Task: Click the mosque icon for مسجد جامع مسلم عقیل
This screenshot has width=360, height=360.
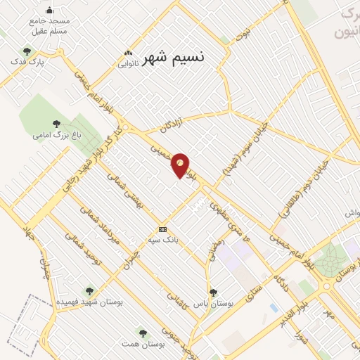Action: click(49, 10)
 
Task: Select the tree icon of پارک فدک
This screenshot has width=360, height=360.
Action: click(27, 51)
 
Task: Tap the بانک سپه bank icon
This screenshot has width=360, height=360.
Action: click(163, 229)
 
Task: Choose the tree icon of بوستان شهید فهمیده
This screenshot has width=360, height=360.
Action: click(89, 290)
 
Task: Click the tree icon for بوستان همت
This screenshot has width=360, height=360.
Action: click(143, 333)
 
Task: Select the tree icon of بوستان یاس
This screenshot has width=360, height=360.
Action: click(213, 292)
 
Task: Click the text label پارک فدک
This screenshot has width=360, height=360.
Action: click(50, 63)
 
